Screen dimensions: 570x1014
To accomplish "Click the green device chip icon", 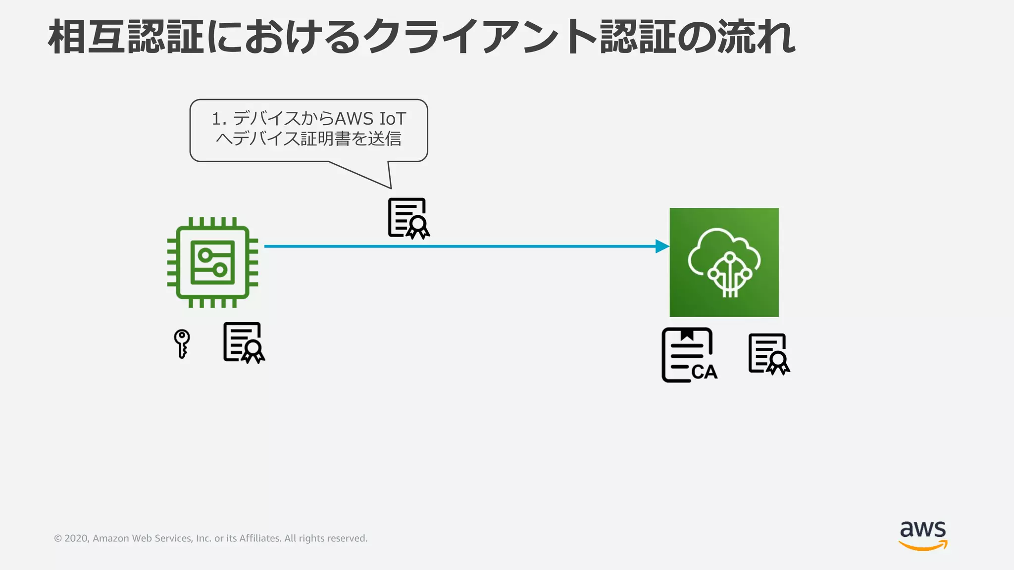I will [x=212, y=262].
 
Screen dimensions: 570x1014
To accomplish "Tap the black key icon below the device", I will [x=182, y=343].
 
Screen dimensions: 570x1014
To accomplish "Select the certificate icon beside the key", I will [x=244, y=342].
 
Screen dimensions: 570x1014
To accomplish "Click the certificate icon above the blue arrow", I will [x=408, y=218].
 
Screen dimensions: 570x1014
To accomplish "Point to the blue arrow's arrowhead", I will [x=662, y=246].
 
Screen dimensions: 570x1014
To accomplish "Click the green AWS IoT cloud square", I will [x=724, y=262].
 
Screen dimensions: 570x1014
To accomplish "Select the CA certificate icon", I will [x=689, y=355].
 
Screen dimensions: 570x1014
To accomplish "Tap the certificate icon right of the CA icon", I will [x=768, y=354].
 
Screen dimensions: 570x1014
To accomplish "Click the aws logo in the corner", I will [x=923, y=534].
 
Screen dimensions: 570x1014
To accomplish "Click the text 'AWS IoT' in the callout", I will [x=370, y=119].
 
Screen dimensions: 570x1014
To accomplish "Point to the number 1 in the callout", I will [x=216, y=119].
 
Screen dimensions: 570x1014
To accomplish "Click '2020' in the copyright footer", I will [x=76, y=538].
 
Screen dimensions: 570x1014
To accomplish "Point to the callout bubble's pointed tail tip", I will [x=391, y=188].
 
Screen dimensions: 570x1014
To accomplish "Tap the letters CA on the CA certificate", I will [x=704, y=372].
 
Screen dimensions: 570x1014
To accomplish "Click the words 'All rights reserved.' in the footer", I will [x=326, y=538].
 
